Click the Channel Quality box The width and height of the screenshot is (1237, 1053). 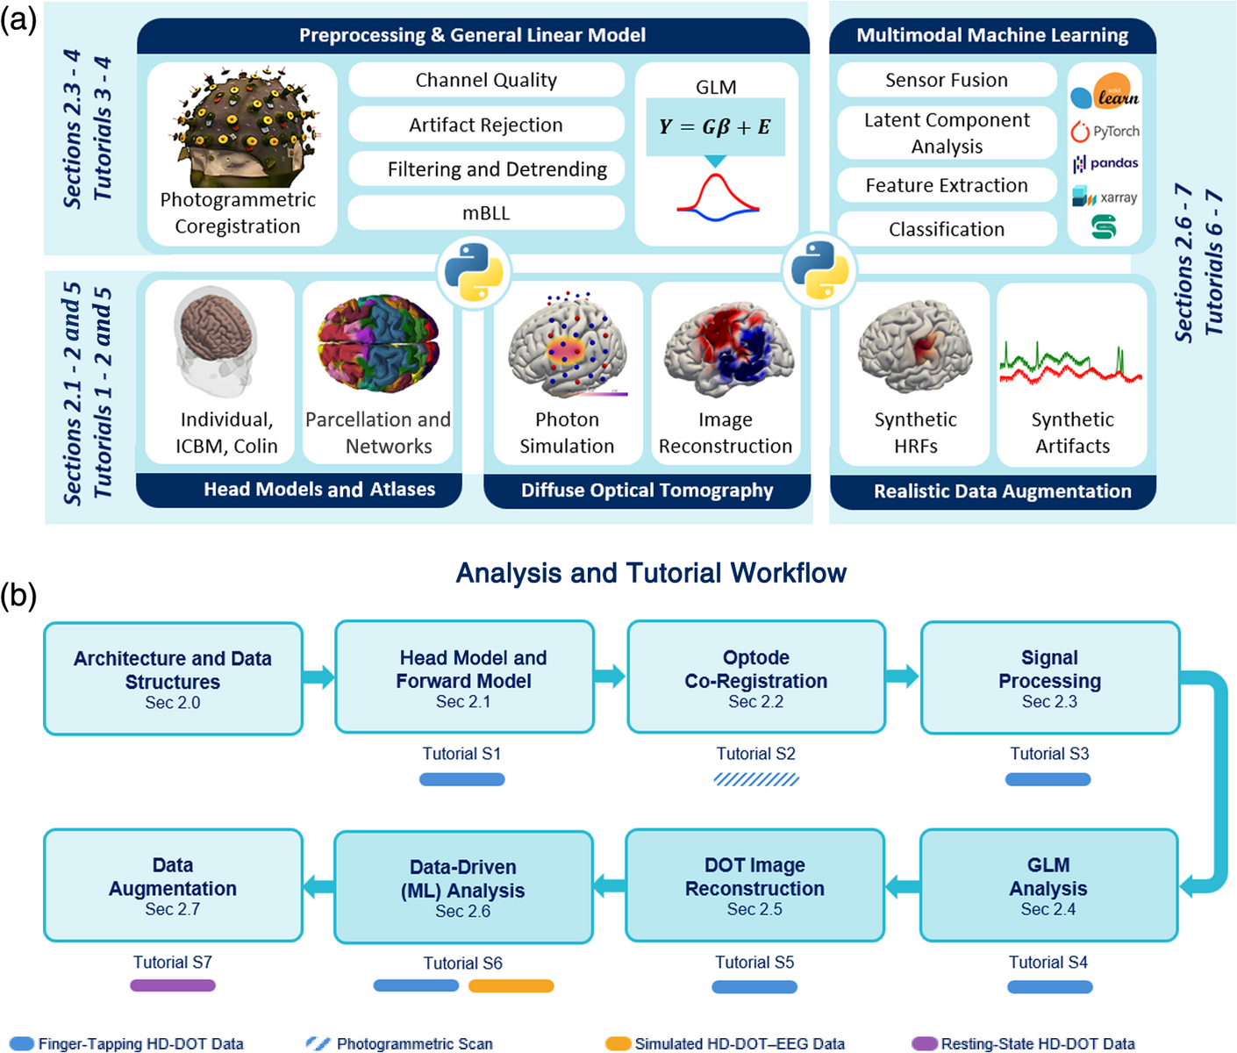point(486,80)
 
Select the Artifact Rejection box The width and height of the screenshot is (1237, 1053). point(486,125)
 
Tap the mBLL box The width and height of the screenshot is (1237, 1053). point(486,212)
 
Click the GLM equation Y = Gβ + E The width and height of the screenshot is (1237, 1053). point(715,127)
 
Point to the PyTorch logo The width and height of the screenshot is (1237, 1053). point(1105,131)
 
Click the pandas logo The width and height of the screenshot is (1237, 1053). point(1105,163)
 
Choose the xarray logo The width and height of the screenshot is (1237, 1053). point(1105,197)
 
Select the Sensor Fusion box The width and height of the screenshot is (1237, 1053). point(947,80)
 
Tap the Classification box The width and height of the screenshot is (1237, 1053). point(947,229)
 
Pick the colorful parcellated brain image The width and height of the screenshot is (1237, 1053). point(378,343)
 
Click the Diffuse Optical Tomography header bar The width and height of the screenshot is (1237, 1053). point(647,491)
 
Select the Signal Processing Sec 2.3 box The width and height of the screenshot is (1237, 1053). point(1050,677)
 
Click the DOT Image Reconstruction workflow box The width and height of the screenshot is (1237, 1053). point(754,885)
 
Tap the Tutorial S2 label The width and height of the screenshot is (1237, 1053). point(756,754)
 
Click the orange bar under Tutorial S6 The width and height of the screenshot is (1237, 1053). point(511,986)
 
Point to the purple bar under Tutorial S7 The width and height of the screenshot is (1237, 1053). point(172,985)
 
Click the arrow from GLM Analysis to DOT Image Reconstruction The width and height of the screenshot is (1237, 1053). point(903,886)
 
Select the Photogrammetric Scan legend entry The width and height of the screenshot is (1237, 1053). point(399,1044)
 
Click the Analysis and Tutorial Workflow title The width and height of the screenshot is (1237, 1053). point(651,573)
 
